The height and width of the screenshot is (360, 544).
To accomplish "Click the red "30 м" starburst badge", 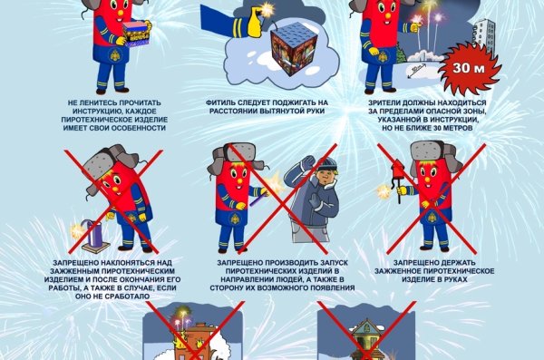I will point(463,67).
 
